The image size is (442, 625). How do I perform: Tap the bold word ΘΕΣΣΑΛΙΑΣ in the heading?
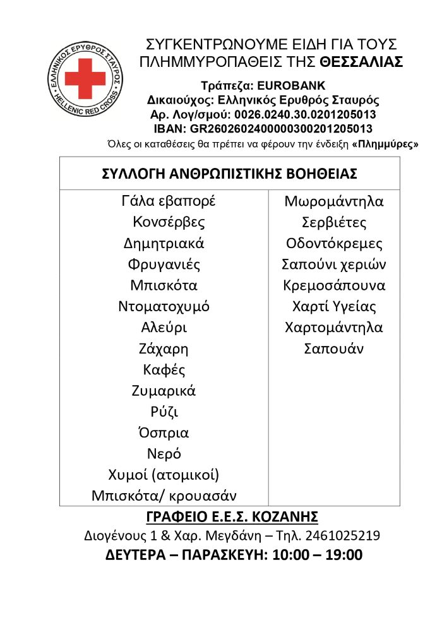click(361, 62)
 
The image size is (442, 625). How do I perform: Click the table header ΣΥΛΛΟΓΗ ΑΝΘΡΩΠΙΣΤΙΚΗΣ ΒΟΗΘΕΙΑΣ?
click(230, 174)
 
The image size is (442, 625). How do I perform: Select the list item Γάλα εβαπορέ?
click(169, 201)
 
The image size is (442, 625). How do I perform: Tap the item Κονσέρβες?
click(169, 222)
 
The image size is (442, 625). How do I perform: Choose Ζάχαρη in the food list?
click(164, 348)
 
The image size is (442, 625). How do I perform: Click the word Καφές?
click(164, 369)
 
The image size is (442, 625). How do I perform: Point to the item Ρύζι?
click(164, 412)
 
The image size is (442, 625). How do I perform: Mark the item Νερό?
click(164, 454)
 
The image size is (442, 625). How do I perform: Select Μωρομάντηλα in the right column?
click(334, 202)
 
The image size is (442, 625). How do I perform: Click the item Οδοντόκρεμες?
click(334, 244)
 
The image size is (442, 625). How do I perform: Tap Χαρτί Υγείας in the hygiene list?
click(334, 307)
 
